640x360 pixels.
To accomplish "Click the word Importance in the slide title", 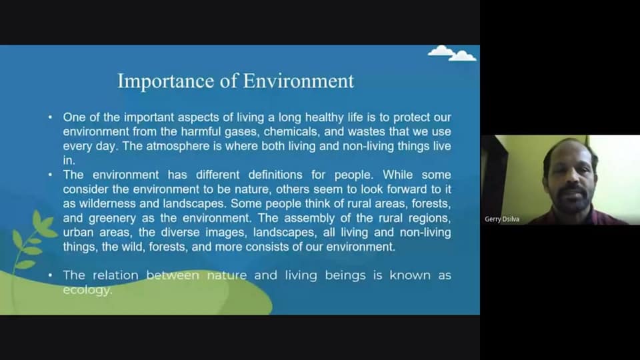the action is click(x=166, y=81).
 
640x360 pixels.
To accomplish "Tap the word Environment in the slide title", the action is click(x=299, y=81).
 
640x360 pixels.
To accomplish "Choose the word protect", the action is click(x=412, y=117).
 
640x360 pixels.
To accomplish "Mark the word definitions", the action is click(x=275, y=175).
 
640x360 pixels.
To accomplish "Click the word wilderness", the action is click(x=107, y=203).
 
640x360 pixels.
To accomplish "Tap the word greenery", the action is click(x=112, y=219).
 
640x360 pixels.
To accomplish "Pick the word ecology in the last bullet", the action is click(x=87, y=290).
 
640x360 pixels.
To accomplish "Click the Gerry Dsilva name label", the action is click(x=502, y=219).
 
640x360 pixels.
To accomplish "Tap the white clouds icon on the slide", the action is click(x=452, y=53).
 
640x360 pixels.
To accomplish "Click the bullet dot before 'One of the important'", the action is click(x=50, y=117).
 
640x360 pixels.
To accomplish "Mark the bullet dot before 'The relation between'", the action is click(x=50, y=275).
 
